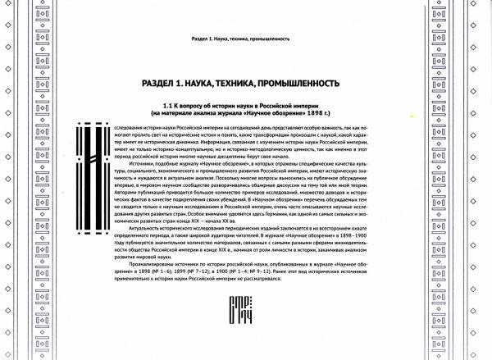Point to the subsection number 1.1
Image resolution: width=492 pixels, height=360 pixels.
tap(169, 106)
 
